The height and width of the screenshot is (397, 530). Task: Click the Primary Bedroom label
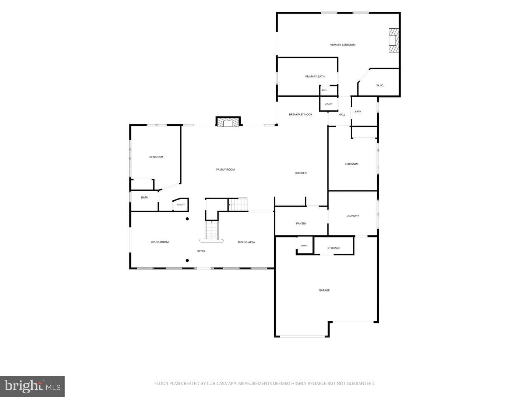click(x=342, y=44)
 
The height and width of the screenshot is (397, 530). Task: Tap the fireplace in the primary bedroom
click(x=393, y=40)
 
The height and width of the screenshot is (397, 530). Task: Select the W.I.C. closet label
click(x=379, y=85)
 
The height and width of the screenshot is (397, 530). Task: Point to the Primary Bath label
click(x=315, y=76)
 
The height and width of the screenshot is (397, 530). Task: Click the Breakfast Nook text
click(x=300, y=114)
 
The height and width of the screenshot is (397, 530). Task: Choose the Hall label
click(x=342, y=114)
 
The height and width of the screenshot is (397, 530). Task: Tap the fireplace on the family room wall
click(x=228, y=121)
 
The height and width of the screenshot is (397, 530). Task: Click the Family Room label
click(x=225, y=169)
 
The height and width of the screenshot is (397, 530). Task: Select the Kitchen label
click(x=301, y=173)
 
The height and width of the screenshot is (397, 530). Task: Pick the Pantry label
click(x=301, y=223)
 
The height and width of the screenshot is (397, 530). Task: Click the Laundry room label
click(x=353, y=216)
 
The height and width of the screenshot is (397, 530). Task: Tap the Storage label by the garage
click(x=333, y=248)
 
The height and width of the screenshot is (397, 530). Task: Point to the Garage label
click(x=324, y=290)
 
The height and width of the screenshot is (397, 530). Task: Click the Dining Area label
click(x=246, y=242)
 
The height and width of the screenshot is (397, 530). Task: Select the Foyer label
click(x=201, y=251)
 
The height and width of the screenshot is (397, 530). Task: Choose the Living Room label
click(x=160, y=242)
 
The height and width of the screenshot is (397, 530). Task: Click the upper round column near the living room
click(x=187, y=219)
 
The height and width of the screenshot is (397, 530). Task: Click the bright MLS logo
click(x=32, y=386)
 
